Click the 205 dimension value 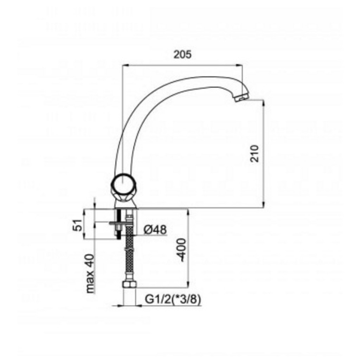(x=182, y=54)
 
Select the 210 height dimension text (x=255, y=154)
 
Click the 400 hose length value (x=181, y=250)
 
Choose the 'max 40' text (x=90, y=273)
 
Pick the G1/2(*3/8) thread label (x=173, y=300)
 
